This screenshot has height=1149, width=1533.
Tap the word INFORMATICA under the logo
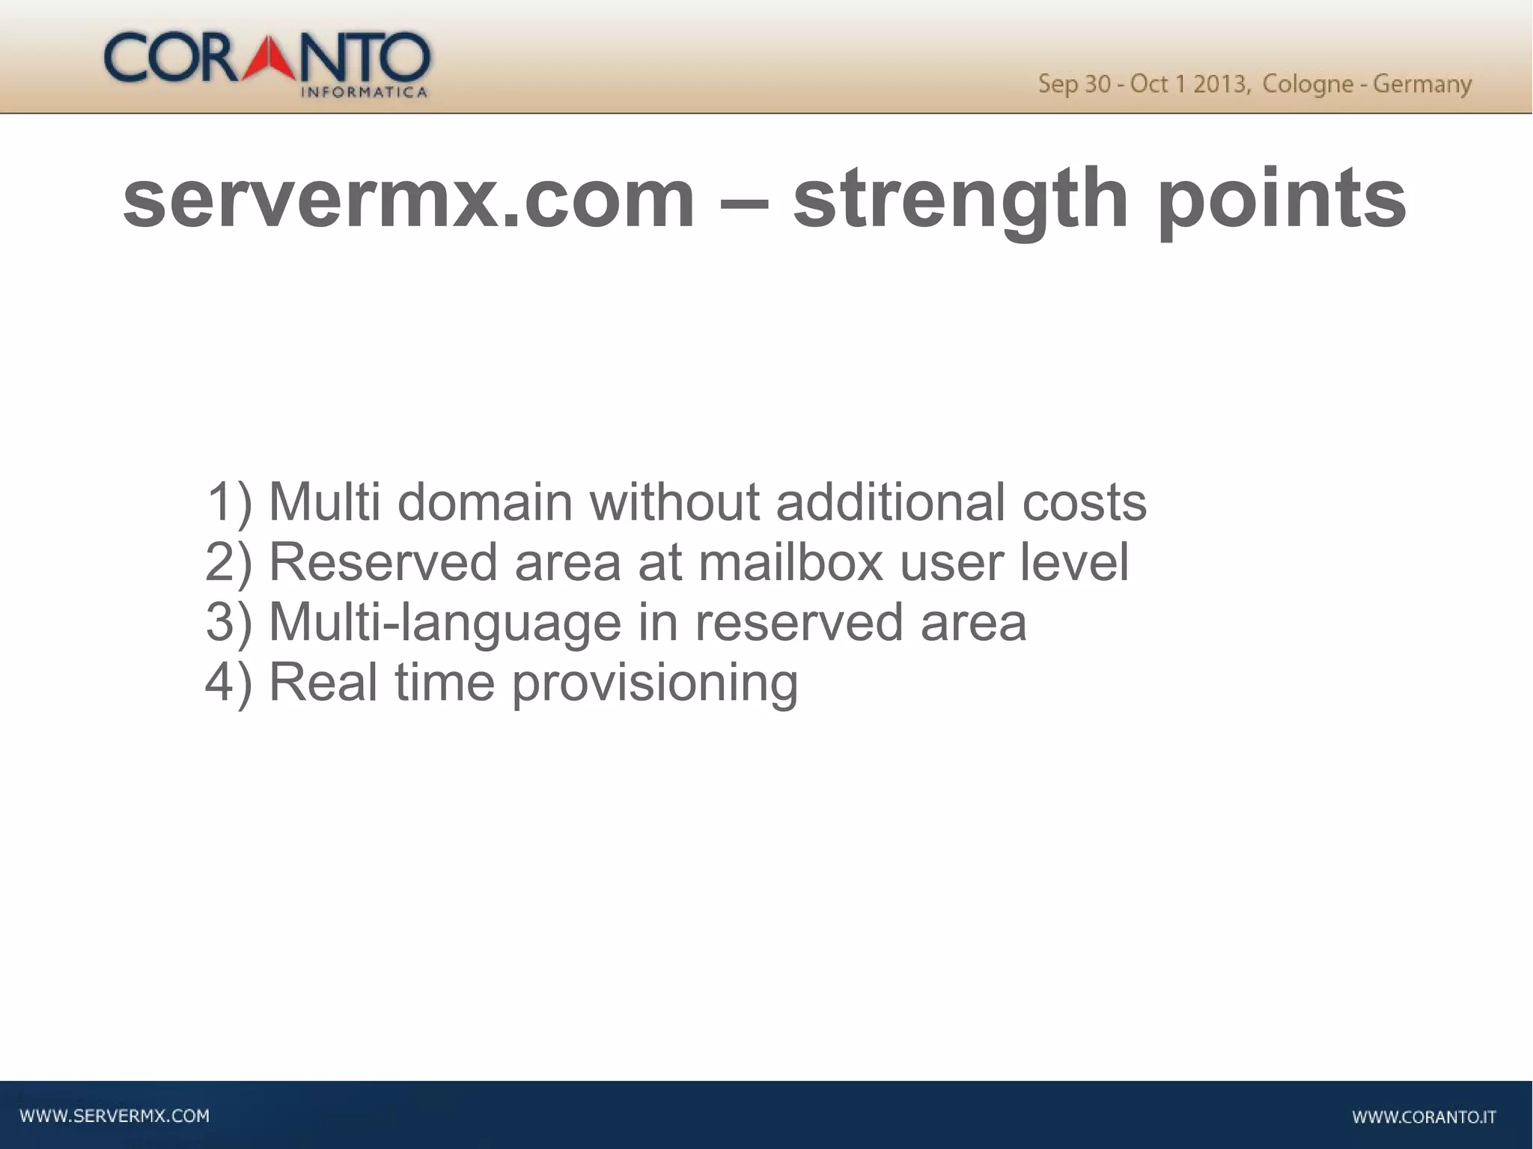tap(364, 93)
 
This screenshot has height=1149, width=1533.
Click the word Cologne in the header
tap(1307, 84)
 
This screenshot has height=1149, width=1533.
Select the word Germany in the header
tap(1422, 84)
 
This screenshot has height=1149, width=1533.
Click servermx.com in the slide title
tap(409, 199)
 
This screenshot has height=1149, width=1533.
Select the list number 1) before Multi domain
tap(229, 502)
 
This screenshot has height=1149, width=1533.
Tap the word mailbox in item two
tap(790, 562)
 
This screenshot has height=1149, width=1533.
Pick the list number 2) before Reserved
tap(229, 562)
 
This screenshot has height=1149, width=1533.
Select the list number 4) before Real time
tap(229, 682)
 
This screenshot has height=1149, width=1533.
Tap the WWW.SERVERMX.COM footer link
tap(115, 1116)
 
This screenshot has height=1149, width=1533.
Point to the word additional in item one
tap(890, 502)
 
